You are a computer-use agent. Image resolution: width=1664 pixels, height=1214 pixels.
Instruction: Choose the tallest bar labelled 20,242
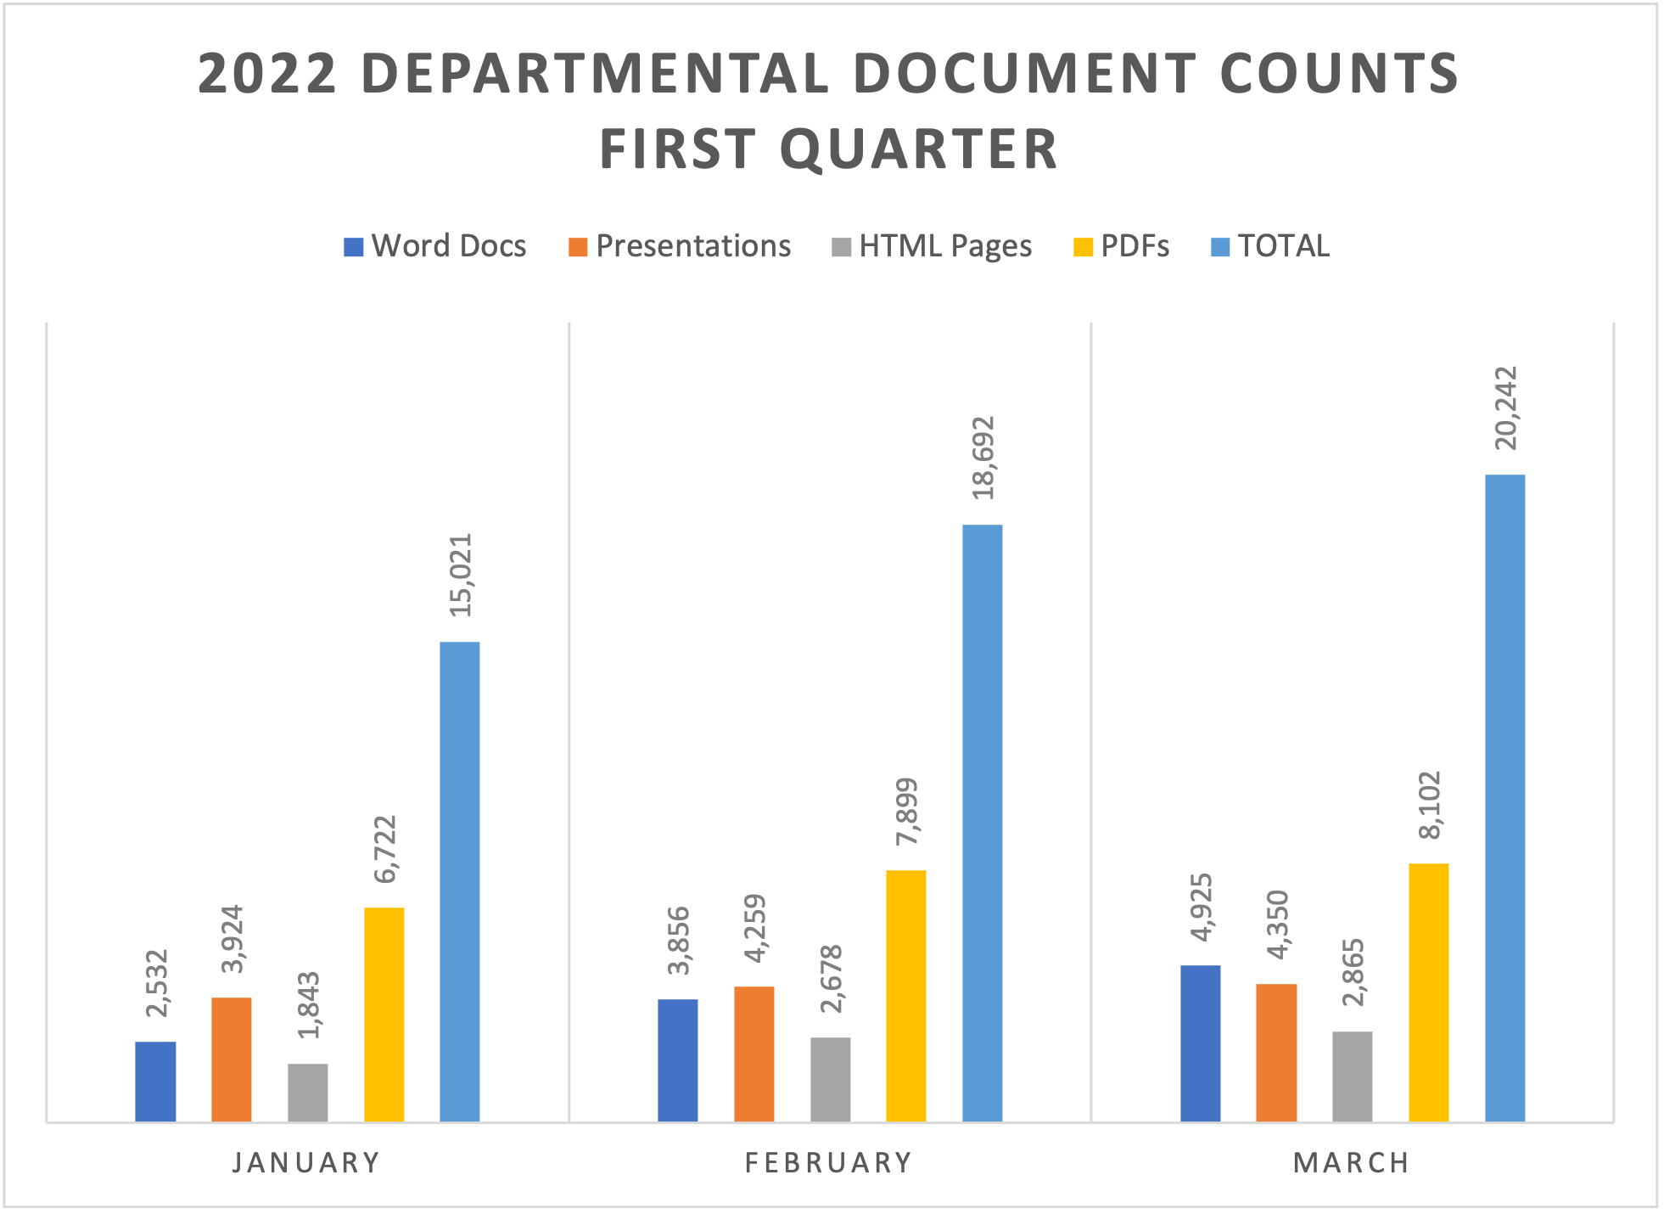point(1504,798)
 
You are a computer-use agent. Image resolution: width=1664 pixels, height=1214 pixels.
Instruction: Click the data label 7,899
point(906,811)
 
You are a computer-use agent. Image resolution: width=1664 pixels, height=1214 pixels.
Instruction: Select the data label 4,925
point(1201,907)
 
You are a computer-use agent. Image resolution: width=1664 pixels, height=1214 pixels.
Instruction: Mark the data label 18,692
point(983,458)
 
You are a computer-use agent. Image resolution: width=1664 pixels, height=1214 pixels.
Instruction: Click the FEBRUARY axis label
point(828,1162)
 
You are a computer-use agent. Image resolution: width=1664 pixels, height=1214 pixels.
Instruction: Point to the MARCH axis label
point(1351,1162)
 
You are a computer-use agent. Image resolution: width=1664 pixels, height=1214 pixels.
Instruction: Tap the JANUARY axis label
point(306,1162)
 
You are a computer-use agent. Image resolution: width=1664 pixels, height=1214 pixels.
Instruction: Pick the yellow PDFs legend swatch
point(1083,247)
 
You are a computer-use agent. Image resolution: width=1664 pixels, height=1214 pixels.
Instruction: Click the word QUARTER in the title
point(918,149)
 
